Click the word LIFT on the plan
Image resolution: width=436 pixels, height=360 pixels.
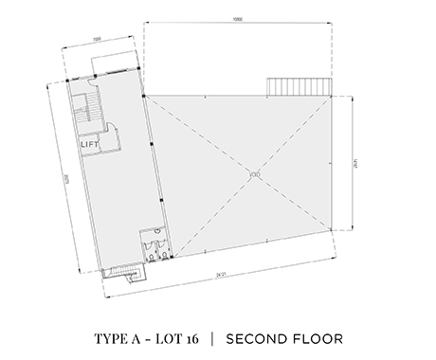[x=91, y=143]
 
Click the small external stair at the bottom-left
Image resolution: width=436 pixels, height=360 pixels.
[x=122, y=275]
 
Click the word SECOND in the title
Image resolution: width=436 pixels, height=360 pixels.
[x=259, y=337]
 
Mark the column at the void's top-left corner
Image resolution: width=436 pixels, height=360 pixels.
[x=143, y=96]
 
